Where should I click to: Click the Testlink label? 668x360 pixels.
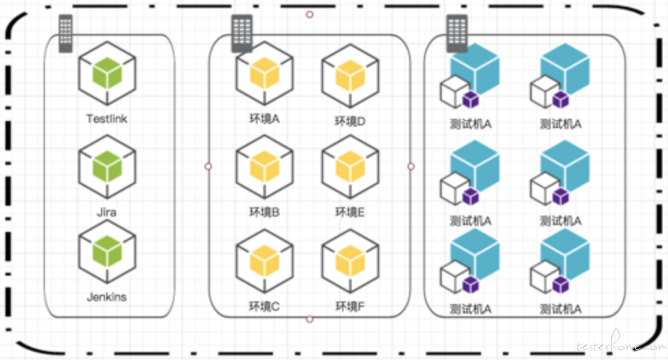click(x=107, y=119)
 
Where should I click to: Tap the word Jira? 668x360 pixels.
click(x=107, y=212)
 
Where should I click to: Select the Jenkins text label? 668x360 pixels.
click(x=107, y=297)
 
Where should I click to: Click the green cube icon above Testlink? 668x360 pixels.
click(x=107, y=72)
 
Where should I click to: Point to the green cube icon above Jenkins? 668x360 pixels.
click(x=107, y=251)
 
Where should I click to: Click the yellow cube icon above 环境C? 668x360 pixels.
click(x=265, y=261)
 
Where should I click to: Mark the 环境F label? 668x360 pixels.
click(x=350, y=307)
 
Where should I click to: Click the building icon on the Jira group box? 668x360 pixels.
click(x=65, y=33)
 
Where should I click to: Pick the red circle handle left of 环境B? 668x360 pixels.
click(x=209, y=166)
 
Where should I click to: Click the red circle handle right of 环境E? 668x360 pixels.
click(x=410, y=166)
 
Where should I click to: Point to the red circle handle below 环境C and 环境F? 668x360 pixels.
click(x=309, y=318)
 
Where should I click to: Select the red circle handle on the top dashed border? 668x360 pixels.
click(x=309, y=14)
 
